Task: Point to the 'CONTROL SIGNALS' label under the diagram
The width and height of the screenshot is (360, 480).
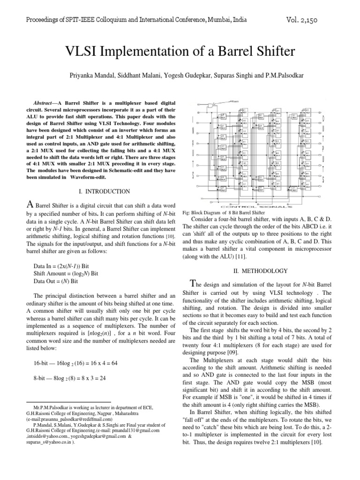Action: tap(260, 206)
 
